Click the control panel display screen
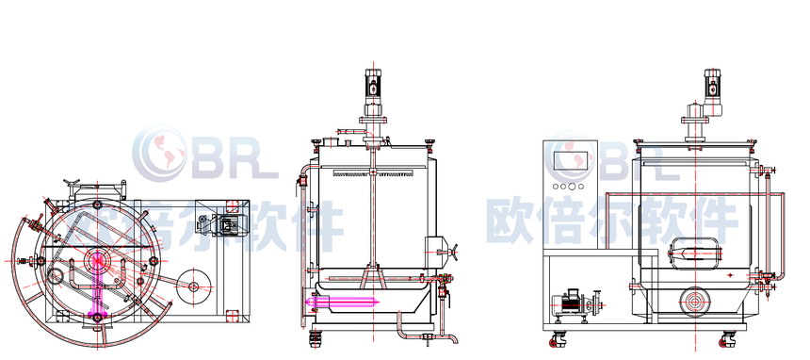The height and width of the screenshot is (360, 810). point(572,161)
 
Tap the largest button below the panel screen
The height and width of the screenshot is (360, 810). point(572,187)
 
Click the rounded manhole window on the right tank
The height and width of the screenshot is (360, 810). point(694,254)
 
